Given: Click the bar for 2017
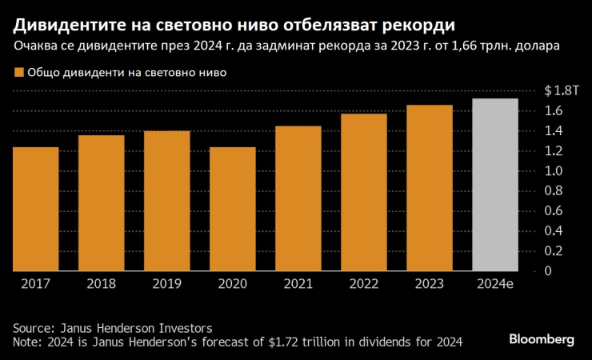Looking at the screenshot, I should (36, 209).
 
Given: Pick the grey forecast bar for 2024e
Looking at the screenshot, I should (495, 185).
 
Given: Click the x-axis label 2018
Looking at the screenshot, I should (102, 283).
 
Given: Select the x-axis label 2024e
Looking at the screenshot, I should (495, 283).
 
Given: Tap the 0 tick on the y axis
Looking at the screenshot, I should (549, 271).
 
